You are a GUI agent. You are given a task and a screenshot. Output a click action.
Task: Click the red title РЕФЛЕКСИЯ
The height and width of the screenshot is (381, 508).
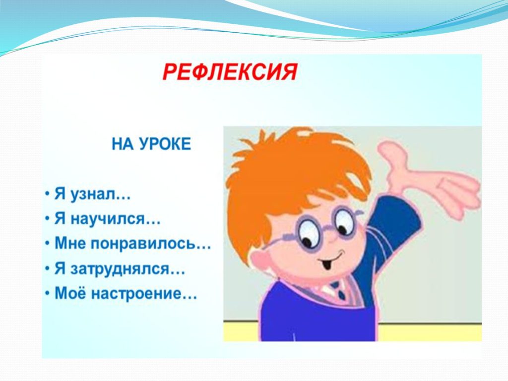[x=229, y=72]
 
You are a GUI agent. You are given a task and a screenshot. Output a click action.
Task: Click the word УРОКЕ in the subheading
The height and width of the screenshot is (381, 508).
[x=165, y=144]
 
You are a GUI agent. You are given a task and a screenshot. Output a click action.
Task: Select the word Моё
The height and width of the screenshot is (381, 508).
[x=70, y=293]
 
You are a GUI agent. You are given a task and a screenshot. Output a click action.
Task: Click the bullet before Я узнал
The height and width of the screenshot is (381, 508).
[x=47, y=195]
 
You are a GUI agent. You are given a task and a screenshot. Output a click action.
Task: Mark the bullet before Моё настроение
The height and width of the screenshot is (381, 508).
[x=47, y=294]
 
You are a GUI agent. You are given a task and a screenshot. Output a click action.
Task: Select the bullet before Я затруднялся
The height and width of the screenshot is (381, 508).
[x=47, y=269]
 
